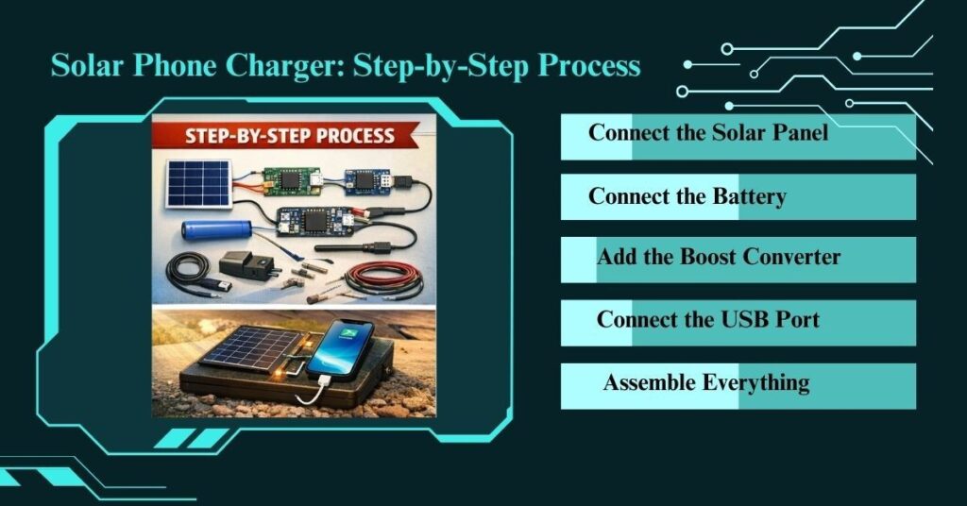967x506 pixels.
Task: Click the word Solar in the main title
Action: click(x=88, y=66)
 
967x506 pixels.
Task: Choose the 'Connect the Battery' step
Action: click(x=687, y=196)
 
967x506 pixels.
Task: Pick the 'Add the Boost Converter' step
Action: click(x=718, y=257)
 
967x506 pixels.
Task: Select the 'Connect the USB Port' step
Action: click(x=707, y=319)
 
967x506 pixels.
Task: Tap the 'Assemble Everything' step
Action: click(x=705, y=382)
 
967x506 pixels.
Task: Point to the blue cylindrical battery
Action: click(x=216, y=229)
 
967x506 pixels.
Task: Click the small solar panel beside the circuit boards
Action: click(x=199, y=183)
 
